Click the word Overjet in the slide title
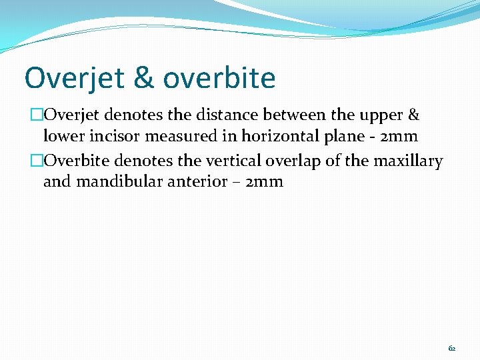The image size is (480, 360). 73,78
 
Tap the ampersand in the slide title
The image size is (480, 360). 143,78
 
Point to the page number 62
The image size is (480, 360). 452,348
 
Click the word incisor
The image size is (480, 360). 111,137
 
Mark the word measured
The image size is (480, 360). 175,137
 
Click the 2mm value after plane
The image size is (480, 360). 399,137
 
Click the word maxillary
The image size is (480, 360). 408,161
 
